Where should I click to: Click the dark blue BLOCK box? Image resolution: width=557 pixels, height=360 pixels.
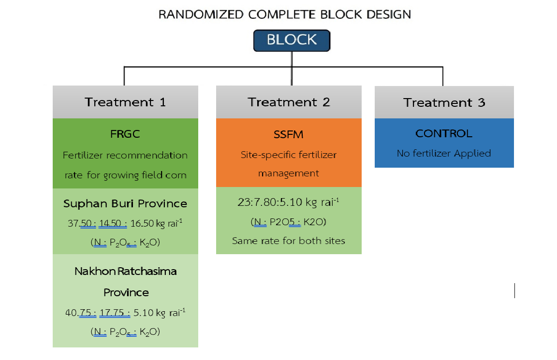tap(292, 41)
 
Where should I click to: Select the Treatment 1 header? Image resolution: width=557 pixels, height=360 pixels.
tap(125, 102)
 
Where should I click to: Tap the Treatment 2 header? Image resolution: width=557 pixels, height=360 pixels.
tap(289, 102)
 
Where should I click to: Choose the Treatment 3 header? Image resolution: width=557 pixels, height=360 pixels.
tap(444, 102)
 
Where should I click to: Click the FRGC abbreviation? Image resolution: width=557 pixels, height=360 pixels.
tap(125, 134)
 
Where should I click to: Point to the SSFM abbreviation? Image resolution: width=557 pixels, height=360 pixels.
tap(289, 134)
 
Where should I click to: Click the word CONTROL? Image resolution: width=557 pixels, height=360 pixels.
tap(444, 133)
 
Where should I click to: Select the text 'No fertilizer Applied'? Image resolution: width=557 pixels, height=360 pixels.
tap(444, 153)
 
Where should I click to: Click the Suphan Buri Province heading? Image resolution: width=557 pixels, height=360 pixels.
tap(125, 203)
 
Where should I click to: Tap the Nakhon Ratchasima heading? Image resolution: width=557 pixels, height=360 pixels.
tap(125, 271)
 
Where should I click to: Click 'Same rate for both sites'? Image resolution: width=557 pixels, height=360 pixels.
tap(289, 240)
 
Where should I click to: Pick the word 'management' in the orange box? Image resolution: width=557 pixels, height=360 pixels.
tap(289, 173)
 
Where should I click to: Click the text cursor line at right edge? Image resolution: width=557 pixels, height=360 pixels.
tap(514, 291)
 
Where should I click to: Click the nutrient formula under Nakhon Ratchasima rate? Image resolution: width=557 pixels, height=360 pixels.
tap(125, 332)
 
